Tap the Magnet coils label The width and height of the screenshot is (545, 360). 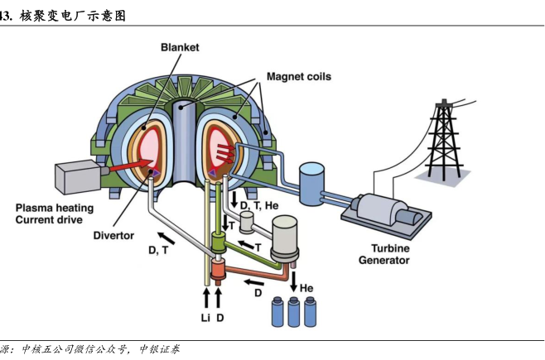click(298, 76)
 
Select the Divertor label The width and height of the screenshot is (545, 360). click(113, 235)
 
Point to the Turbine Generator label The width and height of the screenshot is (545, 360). click(383, 253)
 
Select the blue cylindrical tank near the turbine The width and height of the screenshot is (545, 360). click(313, 179)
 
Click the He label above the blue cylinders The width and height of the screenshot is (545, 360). click(306, 288)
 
